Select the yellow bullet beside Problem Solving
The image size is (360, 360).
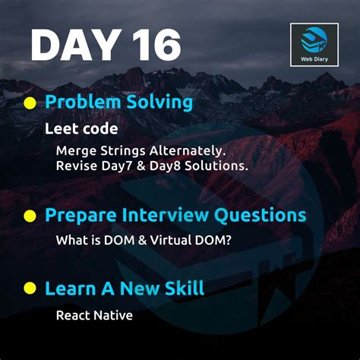tap(30, 102)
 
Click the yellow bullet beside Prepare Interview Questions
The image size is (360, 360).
tap(30, 216)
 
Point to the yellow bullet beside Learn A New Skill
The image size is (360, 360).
tap(30, 289)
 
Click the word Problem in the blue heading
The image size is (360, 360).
tap(82, 102)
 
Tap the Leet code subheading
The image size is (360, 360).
tap(81, 128)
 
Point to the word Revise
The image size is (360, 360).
tap(75, 166)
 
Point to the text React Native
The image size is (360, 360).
tap(94, 314)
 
